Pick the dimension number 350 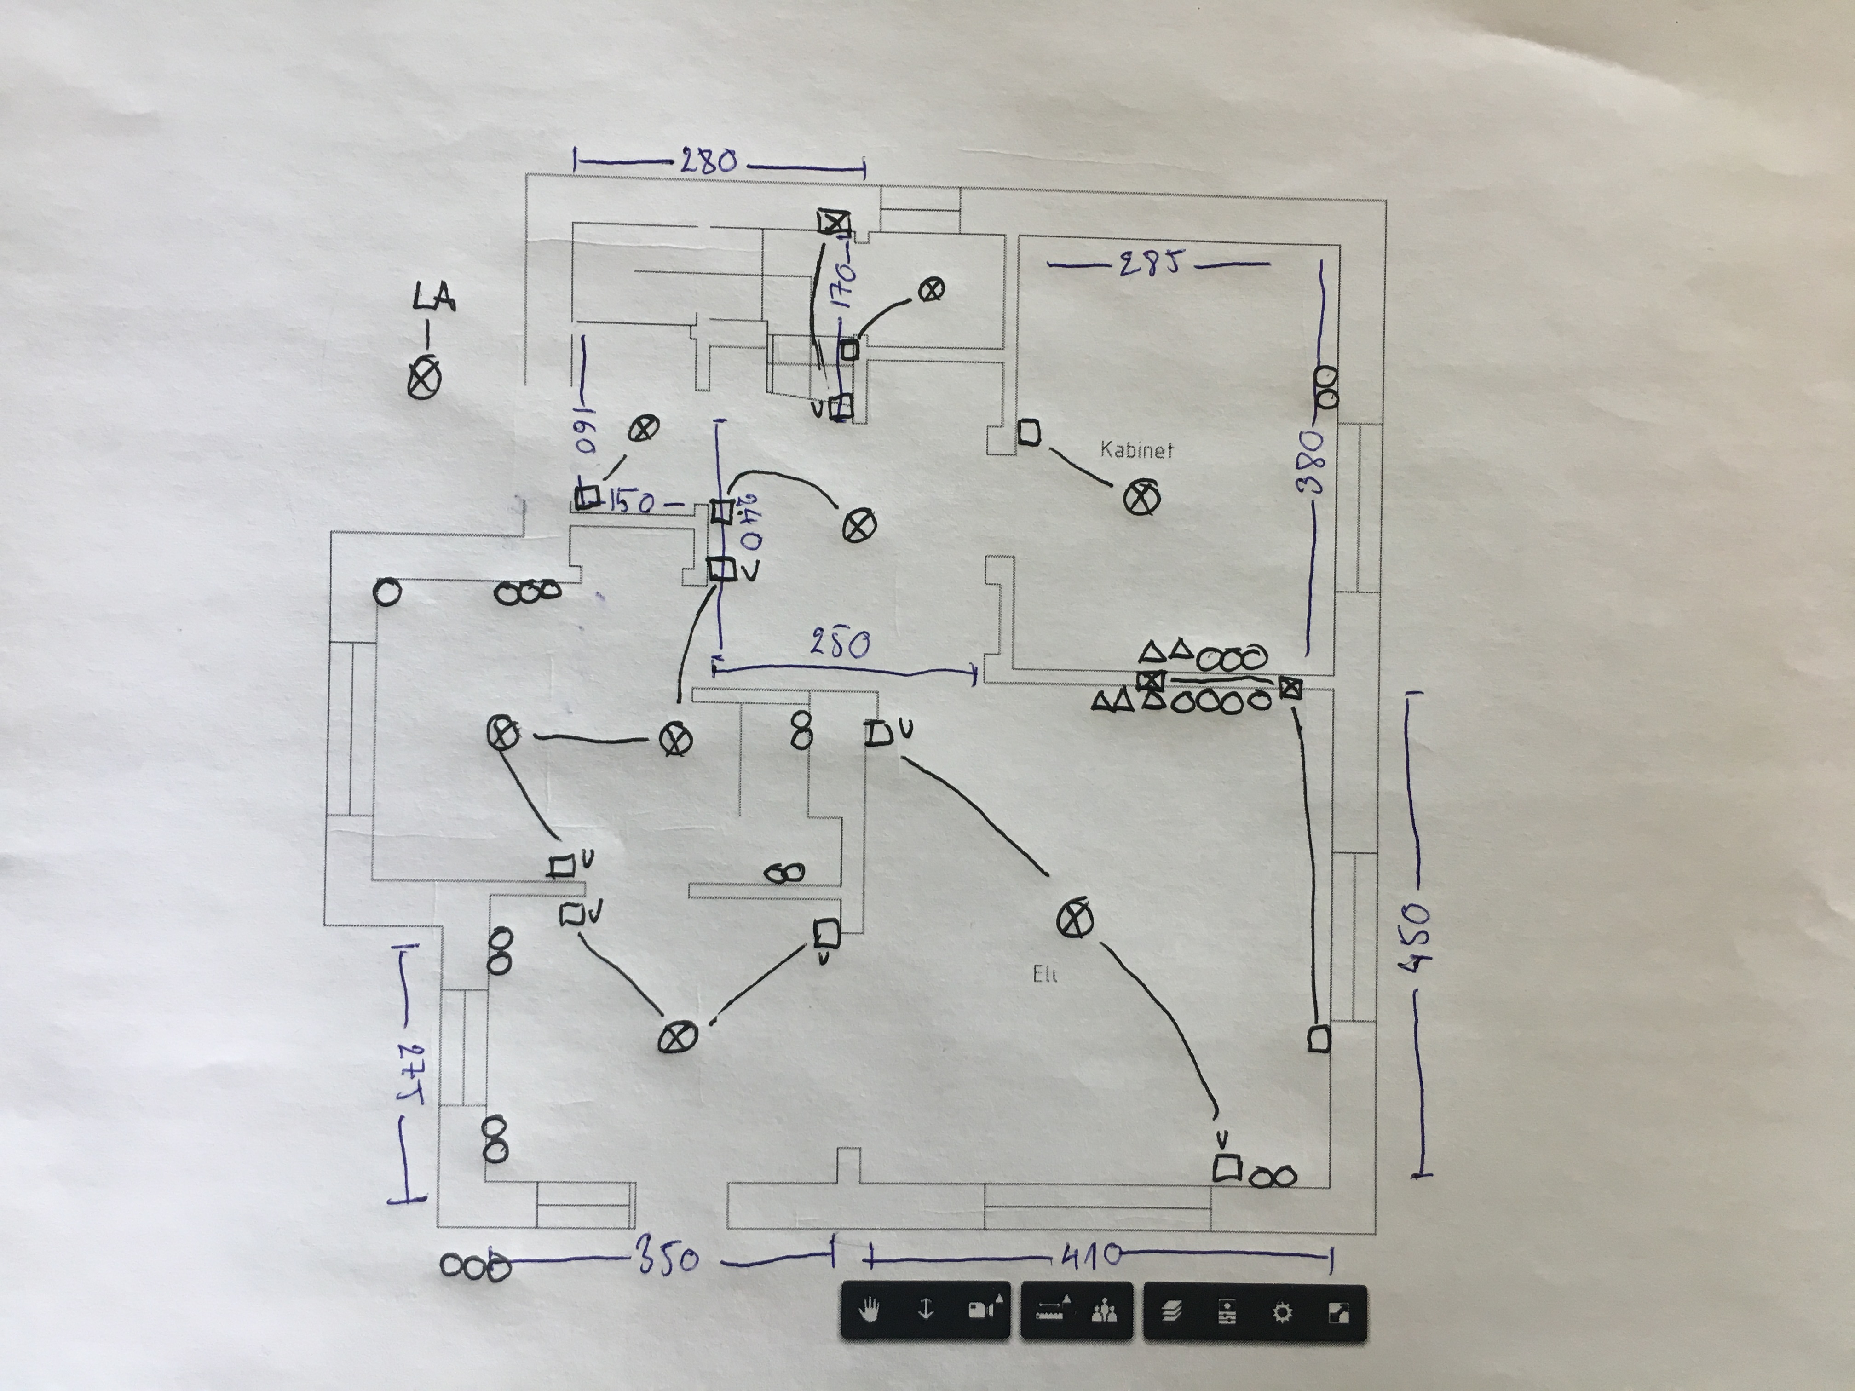pos(668,1259)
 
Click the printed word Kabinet pos(1136,450)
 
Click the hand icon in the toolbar pos(871,1311)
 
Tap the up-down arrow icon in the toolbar pos(926,1311)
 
